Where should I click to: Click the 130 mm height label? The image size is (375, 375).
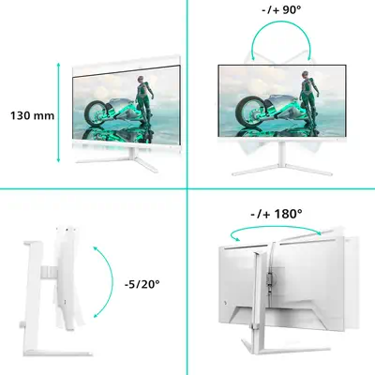[33, 115]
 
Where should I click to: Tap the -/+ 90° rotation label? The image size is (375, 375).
[281, 9]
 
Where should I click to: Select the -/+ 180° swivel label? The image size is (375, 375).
[277, 214]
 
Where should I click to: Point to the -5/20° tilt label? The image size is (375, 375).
[142, 284]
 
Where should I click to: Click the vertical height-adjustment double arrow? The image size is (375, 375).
[58, 112]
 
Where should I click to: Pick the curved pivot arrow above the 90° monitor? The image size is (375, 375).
[281, 22]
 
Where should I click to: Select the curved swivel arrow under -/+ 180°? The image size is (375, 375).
[275, 229]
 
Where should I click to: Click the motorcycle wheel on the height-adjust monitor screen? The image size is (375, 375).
[95, 113]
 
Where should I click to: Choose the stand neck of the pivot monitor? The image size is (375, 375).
[282, 152]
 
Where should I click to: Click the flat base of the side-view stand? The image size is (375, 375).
[58, 352]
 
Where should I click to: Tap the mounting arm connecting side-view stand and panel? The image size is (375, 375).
[50, 271]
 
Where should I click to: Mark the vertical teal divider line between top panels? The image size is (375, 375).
[187, 94]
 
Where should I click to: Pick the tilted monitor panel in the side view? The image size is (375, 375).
[67, 278]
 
